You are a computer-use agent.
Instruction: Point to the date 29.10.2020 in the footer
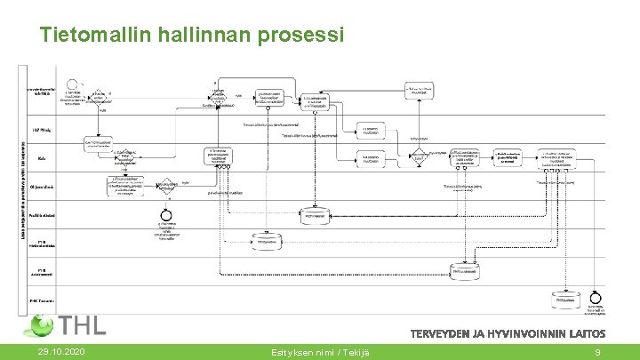pyautogui.click(x=62, y=352)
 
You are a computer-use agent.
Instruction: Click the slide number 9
pyautogui.click(x=598, y=352)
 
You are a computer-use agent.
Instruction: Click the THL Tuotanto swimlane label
pyautogui.click(x=42, y=300)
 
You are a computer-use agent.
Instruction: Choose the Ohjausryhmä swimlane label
pyautogui.click(x=42, y=186)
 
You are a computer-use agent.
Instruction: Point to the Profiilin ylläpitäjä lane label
pyautogui.click(x=42, y=215)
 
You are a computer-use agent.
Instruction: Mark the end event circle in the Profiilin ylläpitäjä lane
pyautogui.click(x=164, y=216)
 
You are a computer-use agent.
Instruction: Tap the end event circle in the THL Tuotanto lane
pyautogui.click(x=595, y=297)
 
